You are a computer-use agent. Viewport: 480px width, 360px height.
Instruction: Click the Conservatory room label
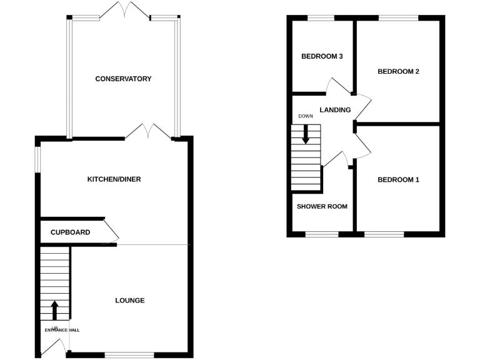123,79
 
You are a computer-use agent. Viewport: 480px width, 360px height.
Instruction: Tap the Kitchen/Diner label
114,179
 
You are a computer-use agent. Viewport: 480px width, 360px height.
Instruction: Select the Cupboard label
70,232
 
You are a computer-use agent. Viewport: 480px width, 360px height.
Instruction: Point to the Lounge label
130,301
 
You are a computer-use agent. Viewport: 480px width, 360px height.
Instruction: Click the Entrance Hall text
62,330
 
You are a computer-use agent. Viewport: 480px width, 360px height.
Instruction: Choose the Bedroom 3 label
322,57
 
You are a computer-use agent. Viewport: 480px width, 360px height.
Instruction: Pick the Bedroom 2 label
398,71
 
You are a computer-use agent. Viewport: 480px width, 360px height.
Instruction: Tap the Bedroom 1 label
398,180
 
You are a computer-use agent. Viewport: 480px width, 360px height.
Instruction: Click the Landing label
335,110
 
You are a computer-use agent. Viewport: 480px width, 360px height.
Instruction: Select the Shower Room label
322,206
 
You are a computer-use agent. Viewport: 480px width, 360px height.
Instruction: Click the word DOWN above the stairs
306,116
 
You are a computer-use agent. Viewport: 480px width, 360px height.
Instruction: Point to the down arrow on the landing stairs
306,134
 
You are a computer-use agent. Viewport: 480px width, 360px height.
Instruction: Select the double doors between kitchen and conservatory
147,131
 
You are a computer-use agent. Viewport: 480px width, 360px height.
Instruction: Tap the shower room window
322,235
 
